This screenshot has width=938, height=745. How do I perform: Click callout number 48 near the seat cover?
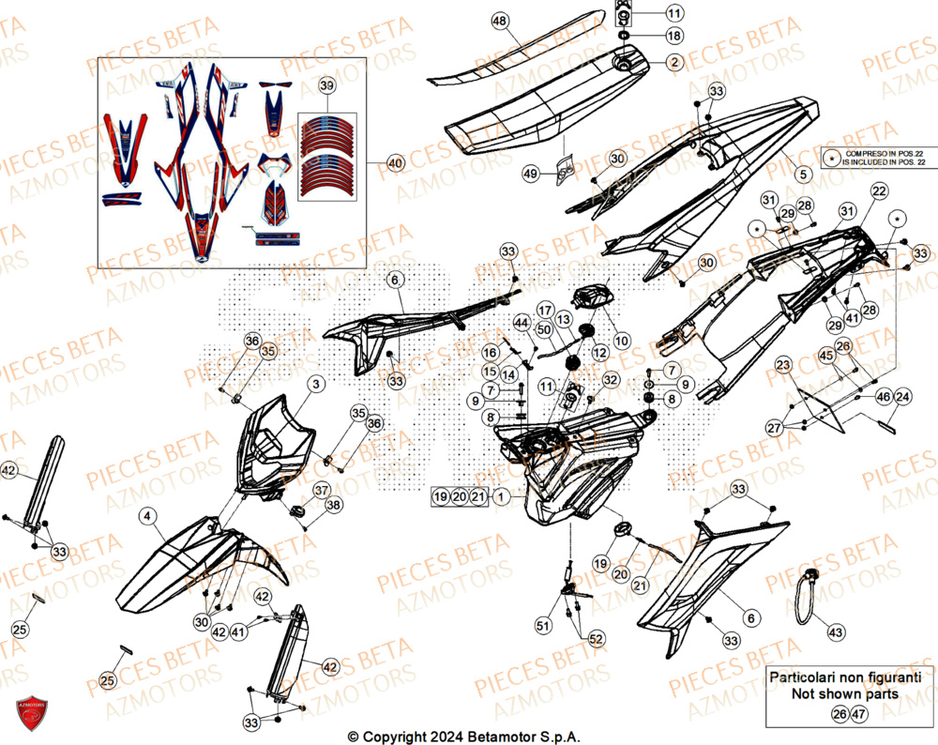[499, 22]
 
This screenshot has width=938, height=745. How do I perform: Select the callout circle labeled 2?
[673, 62]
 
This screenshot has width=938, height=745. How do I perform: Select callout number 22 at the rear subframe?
[878, 191]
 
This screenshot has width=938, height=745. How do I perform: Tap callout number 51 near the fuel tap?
[544, 625]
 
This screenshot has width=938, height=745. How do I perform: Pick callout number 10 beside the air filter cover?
[622, 340]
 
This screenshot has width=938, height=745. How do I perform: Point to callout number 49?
[530, 174]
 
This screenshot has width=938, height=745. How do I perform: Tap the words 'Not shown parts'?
[845, 694]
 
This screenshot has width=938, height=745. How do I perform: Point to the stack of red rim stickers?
[325, 155]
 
